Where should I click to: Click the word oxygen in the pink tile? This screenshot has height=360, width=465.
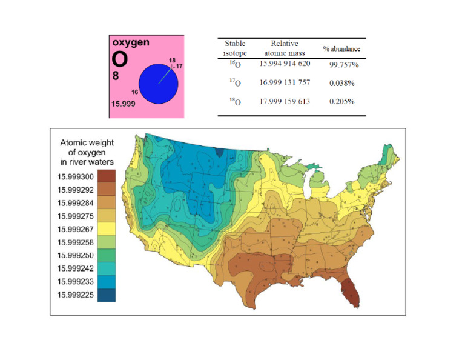tap(130, 43)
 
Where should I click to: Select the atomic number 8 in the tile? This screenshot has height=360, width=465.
tap(116, 76)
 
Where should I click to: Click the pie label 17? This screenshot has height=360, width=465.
tap(179, 65)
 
